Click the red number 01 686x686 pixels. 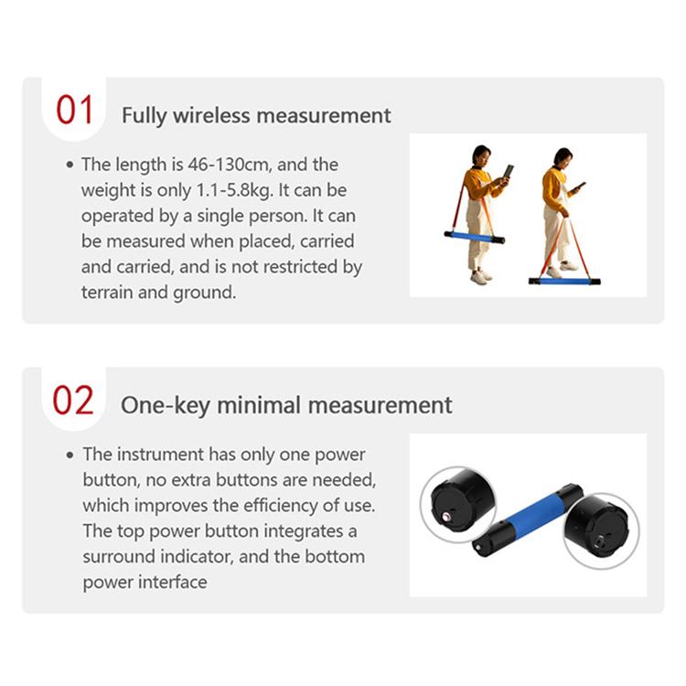coord(74,110)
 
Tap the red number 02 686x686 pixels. coord(73,400)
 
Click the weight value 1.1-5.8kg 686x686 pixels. coord(234,190)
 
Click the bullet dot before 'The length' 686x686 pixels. coord(70,165)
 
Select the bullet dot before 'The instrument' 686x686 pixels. coord(70,455)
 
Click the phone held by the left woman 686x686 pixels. coord(508,171)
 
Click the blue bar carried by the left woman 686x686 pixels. coord(474,237)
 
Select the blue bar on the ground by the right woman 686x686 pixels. coord(564,281)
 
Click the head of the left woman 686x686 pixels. coord(481,155)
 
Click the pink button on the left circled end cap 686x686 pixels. coord(446,518)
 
